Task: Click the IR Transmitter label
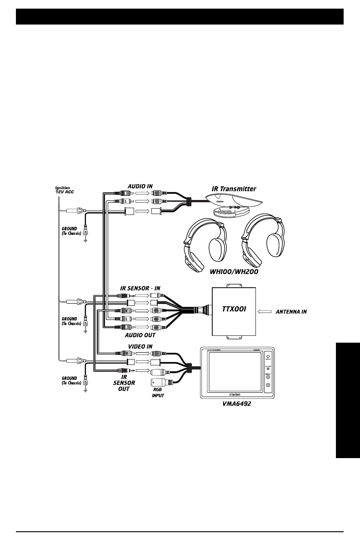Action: point(234,188)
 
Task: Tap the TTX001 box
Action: point(234,312)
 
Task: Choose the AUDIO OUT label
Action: point(140,335)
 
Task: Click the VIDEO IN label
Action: point(140,346)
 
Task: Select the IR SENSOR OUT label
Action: point(124,383)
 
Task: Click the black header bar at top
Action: point(180,17)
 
